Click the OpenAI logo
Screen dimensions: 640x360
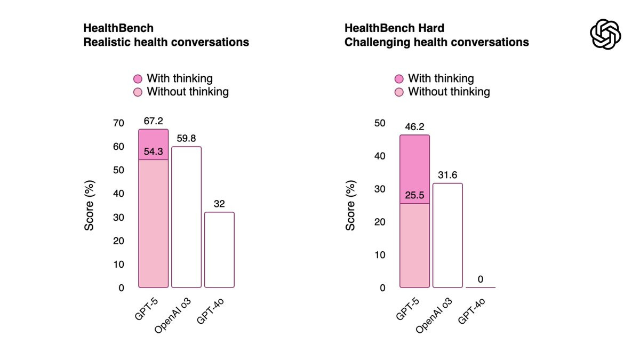605,34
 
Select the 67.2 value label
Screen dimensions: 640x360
153,121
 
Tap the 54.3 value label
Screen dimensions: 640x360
153,151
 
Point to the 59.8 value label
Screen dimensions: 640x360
186,138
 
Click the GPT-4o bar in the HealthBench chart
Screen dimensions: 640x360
219,250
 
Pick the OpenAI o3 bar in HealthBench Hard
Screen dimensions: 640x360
447,235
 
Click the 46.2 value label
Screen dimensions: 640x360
414,126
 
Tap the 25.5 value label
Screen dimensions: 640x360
414,195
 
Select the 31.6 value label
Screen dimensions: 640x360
447,175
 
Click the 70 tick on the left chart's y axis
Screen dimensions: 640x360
118,123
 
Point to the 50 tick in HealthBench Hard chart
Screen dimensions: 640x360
380,123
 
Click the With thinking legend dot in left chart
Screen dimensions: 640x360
138,78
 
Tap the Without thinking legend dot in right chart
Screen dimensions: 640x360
399,92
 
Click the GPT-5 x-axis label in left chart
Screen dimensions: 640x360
146,309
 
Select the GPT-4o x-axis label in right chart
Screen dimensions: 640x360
471,311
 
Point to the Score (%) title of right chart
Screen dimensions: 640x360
350,205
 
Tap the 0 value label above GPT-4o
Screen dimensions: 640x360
481,279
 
